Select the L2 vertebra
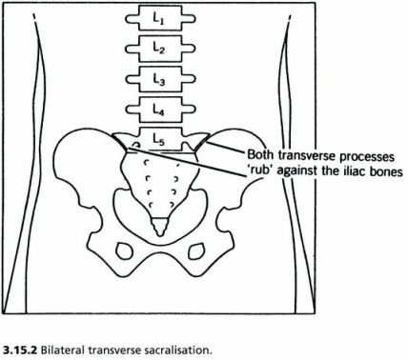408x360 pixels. point(159,48)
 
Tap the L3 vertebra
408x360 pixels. point(159,80)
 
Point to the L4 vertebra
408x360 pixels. point(159,111)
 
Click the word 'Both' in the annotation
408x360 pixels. point(262,153)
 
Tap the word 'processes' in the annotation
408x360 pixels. point(374,153)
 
